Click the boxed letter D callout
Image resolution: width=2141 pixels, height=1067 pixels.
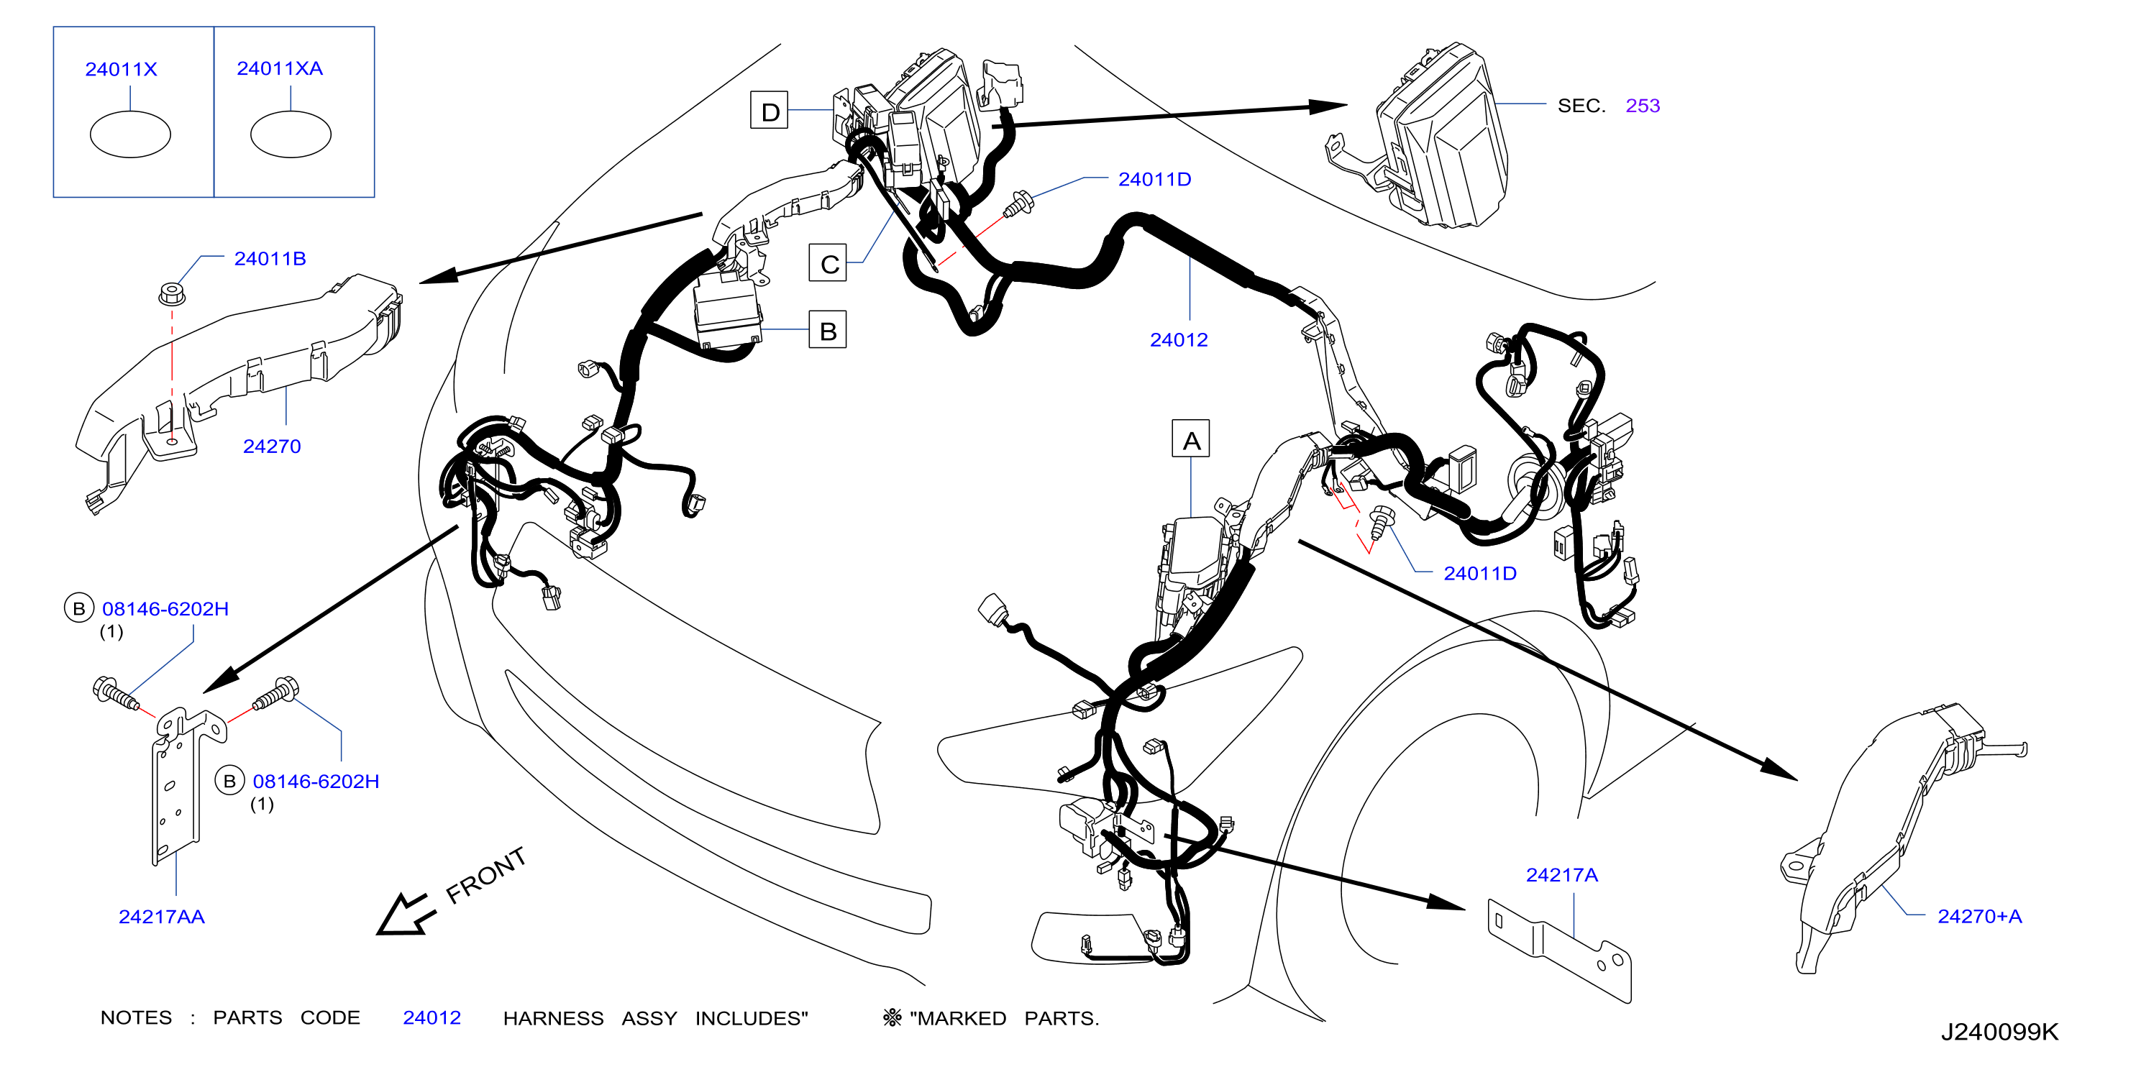769,111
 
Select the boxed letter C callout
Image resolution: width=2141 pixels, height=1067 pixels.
828,262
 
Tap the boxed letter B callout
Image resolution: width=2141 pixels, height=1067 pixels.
828,330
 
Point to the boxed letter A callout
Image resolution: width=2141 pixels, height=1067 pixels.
1191,439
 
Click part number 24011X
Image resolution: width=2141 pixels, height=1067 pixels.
122,69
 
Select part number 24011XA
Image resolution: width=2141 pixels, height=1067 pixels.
279,68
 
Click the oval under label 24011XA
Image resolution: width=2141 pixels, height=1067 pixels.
291,134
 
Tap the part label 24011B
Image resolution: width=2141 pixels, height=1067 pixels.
270,258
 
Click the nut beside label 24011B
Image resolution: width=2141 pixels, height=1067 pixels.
171,293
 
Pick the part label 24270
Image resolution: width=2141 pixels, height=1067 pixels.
272,447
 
